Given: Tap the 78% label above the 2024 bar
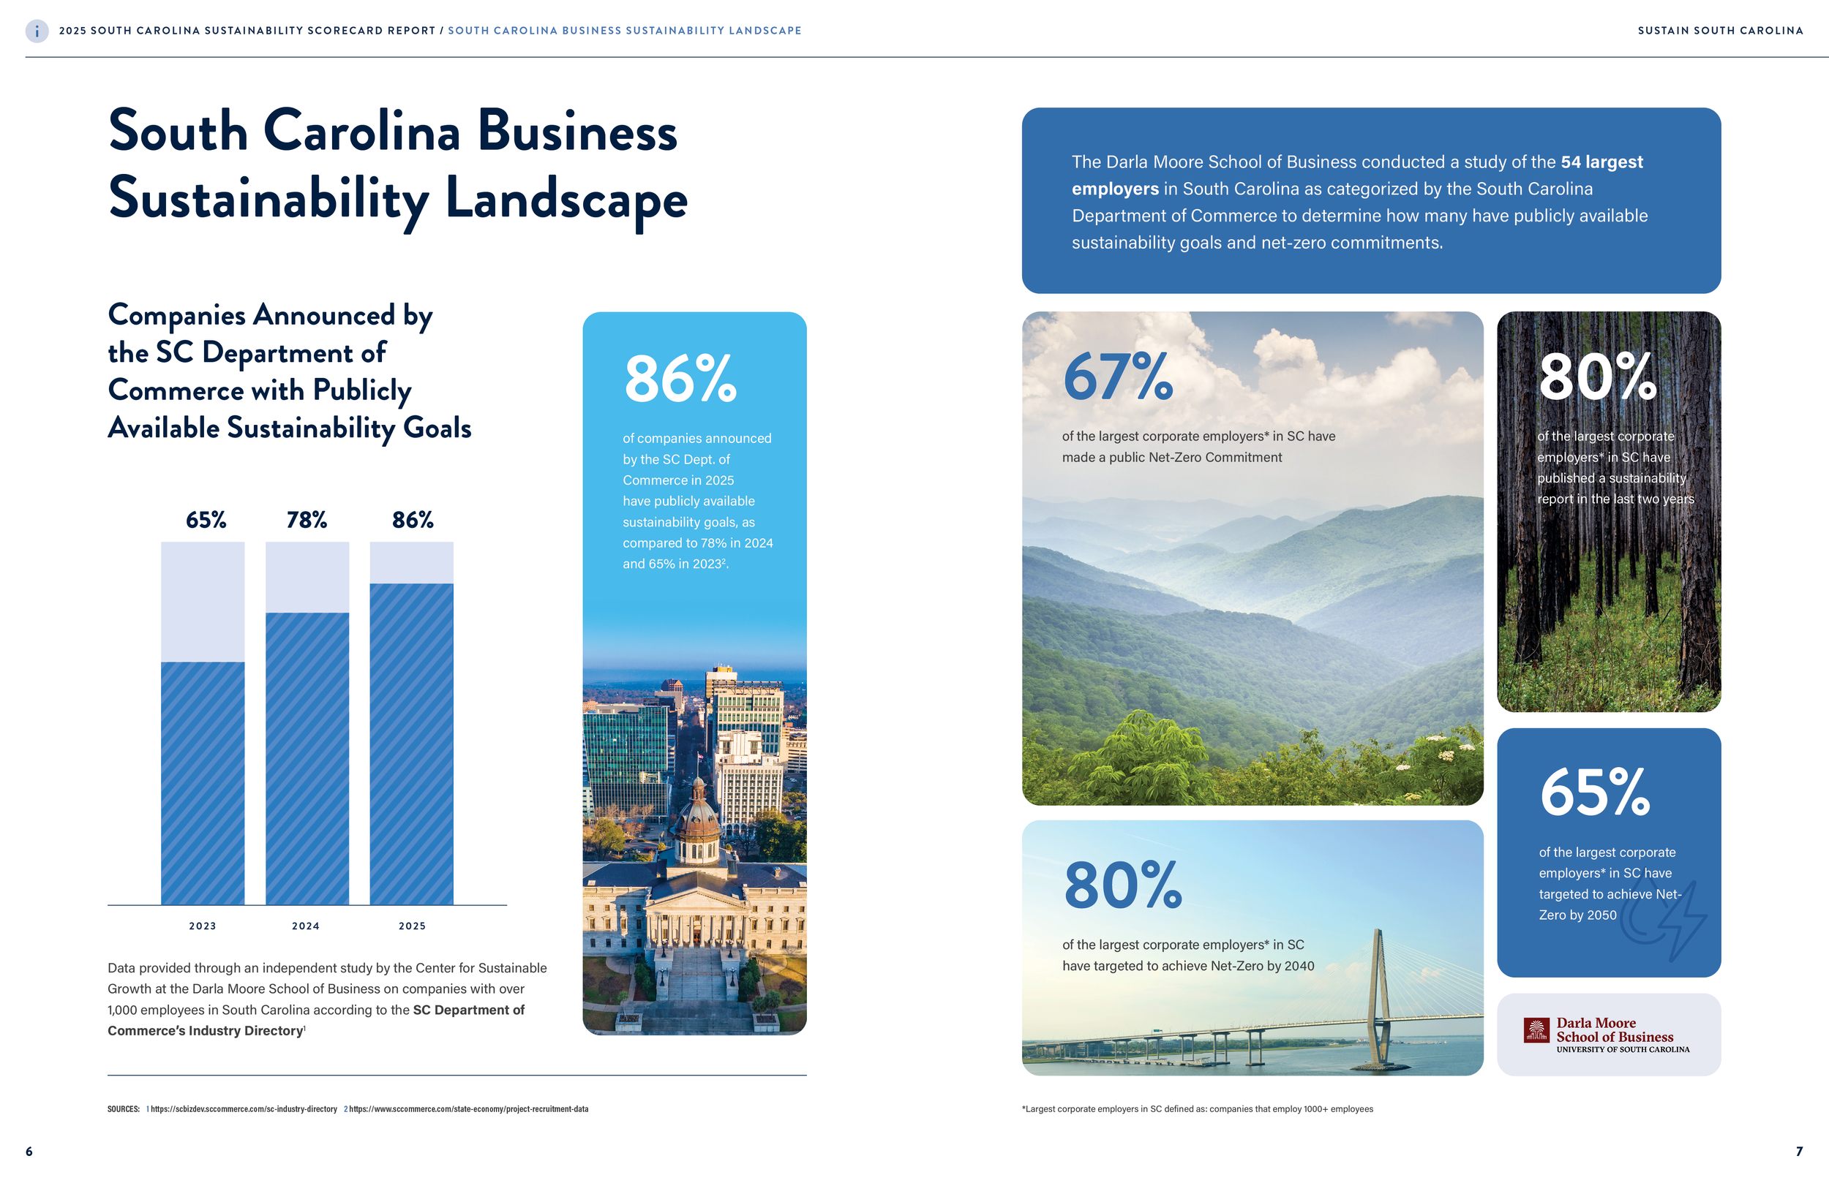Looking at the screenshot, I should [307, 520].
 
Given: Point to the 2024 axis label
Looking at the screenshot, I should [306, 926].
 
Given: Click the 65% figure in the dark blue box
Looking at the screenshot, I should [1595, 793].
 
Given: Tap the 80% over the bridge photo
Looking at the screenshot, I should [1122, 885].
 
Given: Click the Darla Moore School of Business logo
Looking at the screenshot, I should [1607, 1035].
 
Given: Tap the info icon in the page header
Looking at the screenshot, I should [37, 31].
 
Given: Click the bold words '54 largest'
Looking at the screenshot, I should [1601, 162].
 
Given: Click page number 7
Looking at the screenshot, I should [1799, 1151].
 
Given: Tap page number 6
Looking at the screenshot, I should [29, 1151].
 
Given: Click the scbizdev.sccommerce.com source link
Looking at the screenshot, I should [244, 1109].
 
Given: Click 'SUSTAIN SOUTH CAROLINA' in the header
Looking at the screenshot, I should [1720, 31].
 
